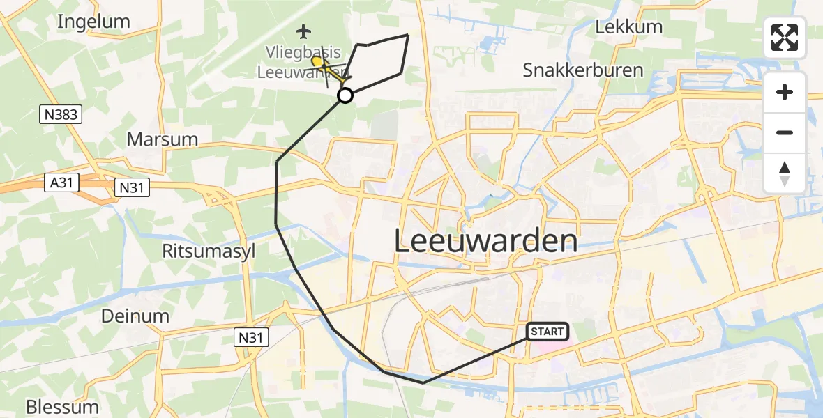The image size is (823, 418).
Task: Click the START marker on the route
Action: (548, 332)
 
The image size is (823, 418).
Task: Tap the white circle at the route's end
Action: (345, 96)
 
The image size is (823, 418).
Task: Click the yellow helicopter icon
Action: (318, 63)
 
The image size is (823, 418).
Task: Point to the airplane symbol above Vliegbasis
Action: (303, 31)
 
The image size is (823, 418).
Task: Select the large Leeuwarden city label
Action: (485, 241)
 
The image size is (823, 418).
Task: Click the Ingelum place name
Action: (93, 22)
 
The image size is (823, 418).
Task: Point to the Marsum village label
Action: (162, 139)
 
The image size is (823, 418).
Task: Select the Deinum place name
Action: (135, 316)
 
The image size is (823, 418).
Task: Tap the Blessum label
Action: (62, 407)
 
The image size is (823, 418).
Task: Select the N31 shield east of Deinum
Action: (250, 338)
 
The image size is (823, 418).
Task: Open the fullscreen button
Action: (785, 37)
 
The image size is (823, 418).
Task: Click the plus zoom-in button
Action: (785, 93)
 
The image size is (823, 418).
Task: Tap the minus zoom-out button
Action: (785, 132)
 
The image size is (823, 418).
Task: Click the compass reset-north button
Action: (785, 173)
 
